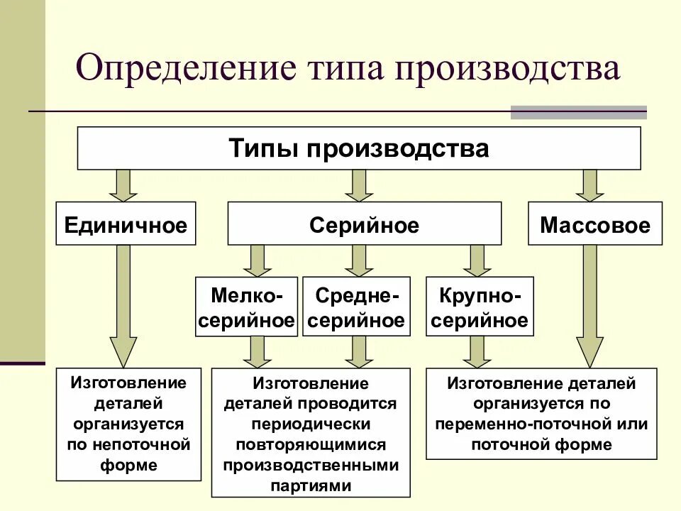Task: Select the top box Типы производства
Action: point(359,148)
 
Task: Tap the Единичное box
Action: point(126,226)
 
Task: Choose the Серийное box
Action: point(364,226)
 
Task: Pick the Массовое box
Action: point(594,226)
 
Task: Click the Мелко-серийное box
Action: point(246,307)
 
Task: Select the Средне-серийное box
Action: point(356,307)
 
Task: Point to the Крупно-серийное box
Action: point(480,307)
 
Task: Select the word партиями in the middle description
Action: point(311,486)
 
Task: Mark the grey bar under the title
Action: point(579,112)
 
